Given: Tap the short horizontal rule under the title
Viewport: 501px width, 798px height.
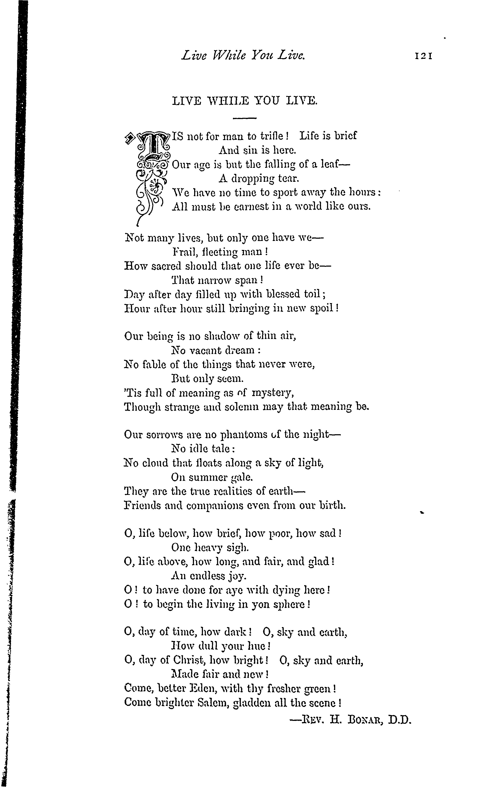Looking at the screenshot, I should coord(245,118).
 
